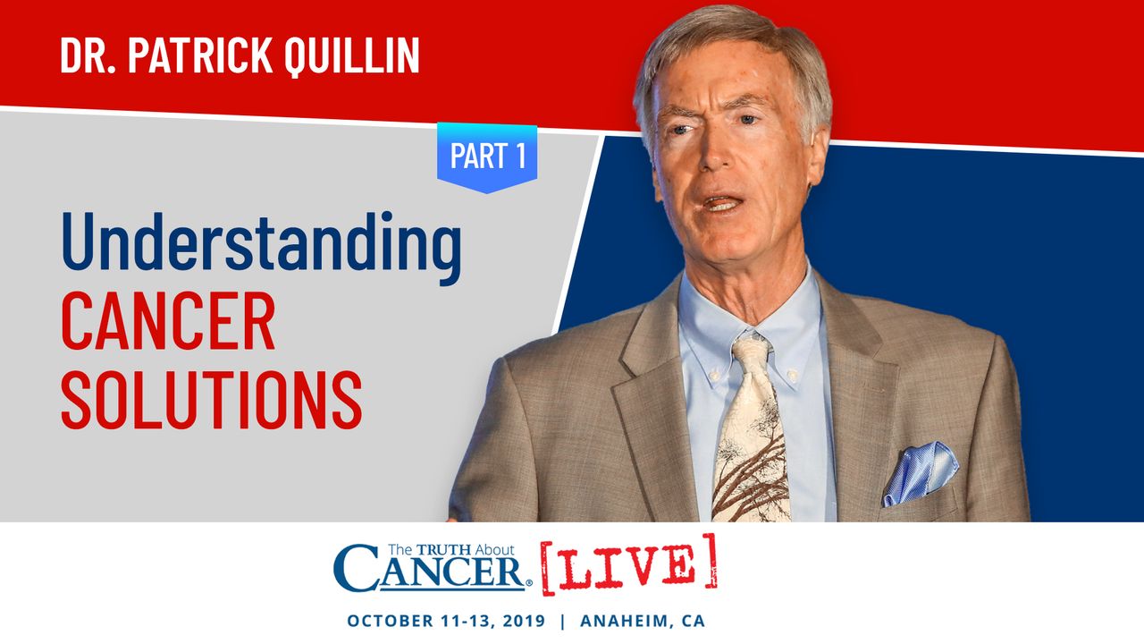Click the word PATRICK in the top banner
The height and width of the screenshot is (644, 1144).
click(199, 55)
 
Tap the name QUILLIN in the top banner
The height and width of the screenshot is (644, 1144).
click(351, 56)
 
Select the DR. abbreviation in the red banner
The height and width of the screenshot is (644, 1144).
click(88, 55)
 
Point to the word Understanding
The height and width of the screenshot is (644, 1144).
click(262, 246)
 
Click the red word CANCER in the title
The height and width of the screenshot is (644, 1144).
click(168, 320)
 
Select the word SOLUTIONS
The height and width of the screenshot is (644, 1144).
click(212, 400)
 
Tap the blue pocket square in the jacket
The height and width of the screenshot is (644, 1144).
click(921, 473)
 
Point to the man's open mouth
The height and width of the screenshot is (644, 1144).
click(722, 203)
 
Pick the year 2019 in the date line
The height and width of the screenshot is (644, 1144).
click(524, 621)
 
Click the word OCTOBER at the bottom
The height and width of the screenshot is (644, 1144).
click(391, 621)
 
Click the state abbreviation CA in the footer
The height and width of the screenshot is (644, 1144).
click(694, 621)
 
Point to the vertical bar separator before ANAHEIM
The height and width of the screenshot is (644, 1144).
click(563, 621)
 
